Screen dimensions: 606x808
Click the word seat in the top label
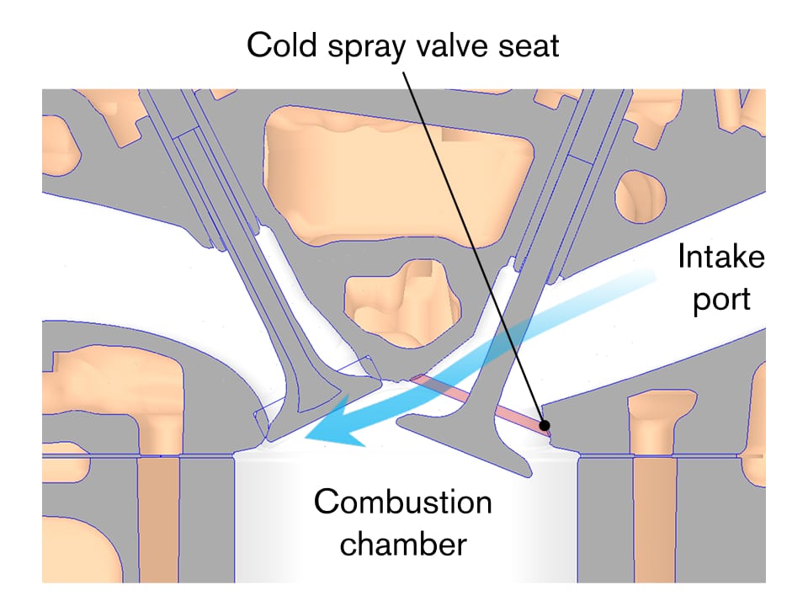529,45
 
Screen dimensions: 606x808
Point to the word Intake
721,256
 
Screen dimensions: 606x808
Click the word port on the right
721,299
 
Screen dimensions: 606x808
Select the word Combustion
402,503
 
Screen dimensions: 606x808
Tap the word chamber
402,544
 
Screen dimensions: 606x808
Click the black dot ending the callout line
545,424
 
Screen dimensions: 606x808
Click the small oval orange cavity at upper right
641,196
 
